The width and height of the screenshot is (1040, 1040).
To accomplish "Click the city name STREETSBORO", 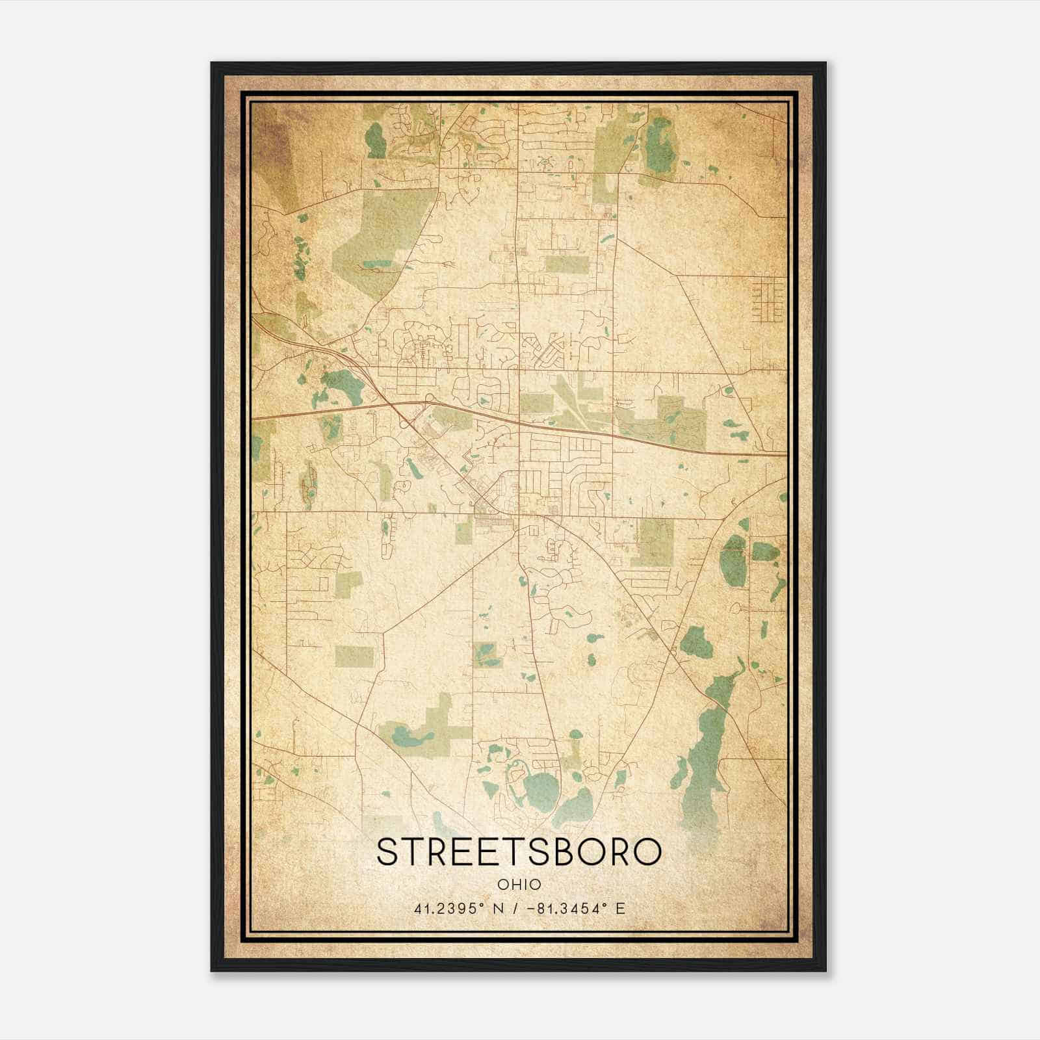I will click(519, 851).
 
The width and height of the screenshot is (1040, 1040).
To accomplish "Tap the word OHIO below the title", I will click(519, 885).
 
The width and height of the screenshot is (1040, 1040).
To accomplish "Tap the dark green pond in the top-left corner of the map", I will click(375, 140).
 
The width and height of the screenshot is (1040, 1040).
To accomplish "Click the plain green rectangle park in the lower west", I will click(354, 656).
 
